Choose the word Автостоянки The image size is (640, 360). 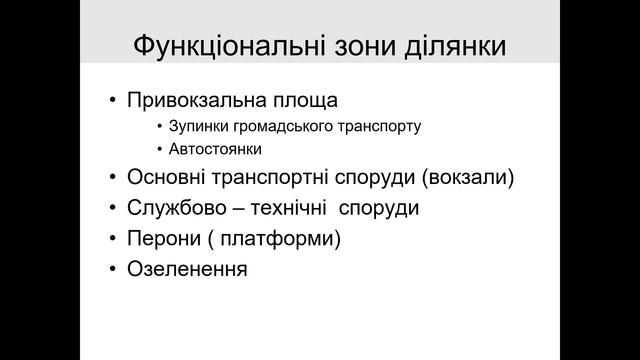pos(215,149)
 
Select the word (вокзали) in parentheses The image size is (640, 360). pos(468,178)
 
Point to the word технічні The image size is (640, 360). pos(288,208)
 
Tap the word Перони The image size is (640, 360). pos(164,238)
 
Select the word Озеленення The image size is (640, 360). pos(187,269)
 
